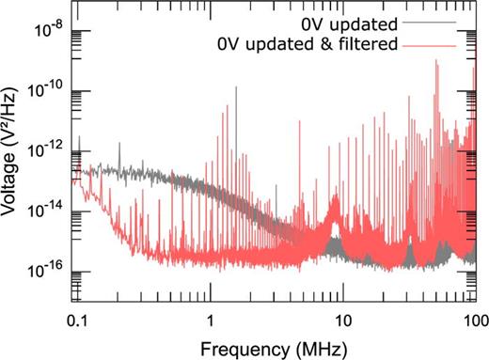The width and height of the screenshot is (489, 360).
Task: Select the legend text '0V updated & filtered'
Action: point(334,41)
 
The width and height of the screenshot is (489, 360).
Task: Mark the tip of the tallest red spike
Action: point(436,60)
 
